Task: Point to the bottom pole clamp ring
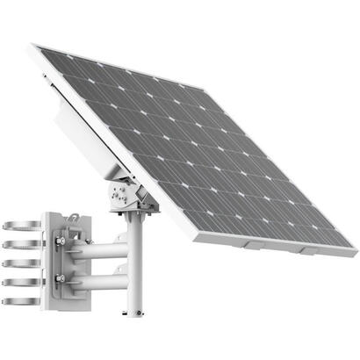[x=17, y=301]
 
